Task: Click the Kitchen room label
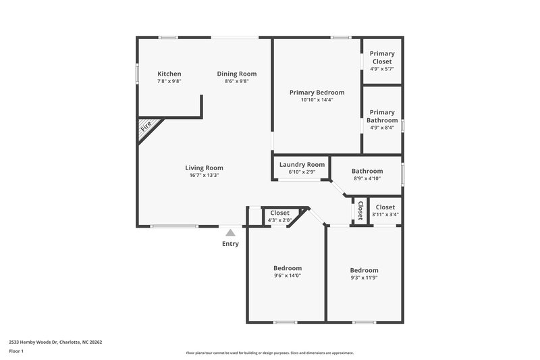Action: click(x=169, y=74)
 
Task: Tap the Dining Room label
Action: click(x=236, y=74)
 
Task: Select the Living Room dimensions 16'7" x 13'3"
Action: click(x=204, y=175)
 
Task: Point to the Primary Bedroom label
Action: click(x=317, y=93)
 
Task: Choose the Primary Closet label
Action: click(x=382, y=57)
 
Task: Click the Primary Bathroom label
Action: click(x=382, y=116)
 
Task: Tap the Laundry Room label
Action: click(x=302, y=164)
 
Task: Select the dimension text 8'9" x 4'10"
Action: click(x=367, y=178)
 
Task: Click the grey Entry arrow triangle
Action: click(x=230, y=232)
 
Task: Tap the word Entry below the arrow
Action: click(x=230, y=244)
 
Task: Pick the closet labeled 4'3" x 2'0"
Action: click(x=279, y=216)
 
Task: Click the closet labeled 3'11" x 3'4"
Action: click(x=385, y=211)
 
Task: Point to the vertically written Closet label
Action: click(x=360, y=211)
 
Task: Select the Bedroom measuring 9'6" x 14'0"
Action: click(x=287, y=272)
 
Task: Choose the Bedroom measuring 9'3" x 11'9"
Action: click(x=364, y=274)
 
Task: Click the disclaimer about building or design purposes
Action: click(x=269, y=353)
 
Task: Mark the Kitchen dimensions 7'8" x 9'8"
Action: click(x=169, y=81)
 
